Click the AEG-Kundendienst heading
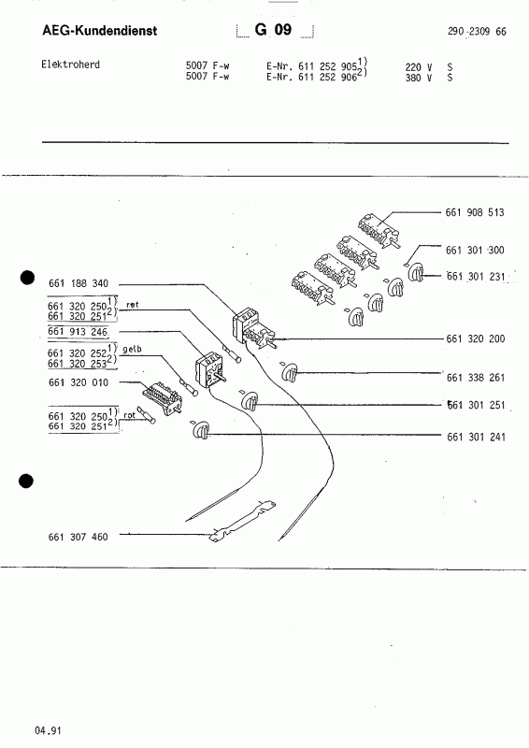tap(100, 31)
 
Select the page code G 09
tap(273, 30)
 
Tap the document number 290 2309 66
tap(477, 32)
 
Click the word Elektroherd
tap(71, 65)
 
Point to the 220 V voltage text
tap(419, 67)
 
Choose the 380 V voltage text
tap(419, 78)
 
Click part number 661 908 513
tap(475, 212)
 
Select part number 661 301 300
tap(475, 250)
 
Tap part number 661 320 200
tap(476, 338)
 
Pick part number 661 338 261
tap(476, 378)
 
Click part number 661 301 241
tap(476, 437)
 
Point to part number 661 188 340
tap(79, 283)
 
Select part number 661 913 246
tap(78, 332)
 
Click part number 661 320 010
tap(79, 382)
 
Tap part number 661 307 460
tap(78, 537)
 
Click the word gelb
tap(132, 349)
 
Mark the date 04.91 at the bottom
tap(48, 730)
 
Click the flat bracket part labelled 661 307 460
tap(242, 522)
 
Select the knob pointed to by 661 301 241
tap(201, 430)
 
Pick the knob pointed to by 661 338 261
tap(290, 372)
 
